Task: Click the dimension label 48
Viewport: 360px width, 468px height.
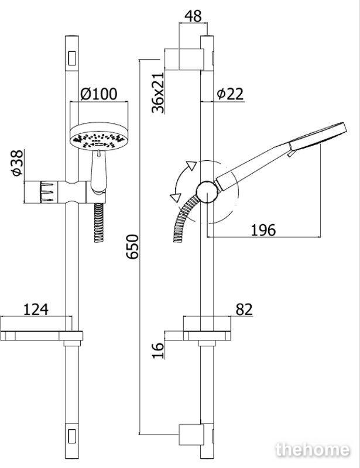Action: (x=193, y=16)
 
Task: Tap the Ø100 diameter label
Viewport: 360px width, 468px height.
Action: (x=98, y=94)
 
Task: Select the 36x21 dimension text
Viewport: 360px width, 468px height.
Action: (x=157, y=92)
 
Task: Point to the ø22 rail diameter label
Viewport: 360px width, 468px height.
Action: (x=230, y=94)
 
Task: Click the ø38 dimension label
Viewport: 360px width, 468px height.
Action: (x=18, y=163)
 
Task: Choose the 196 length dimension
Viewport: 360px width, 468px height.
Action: (x=263, y=230)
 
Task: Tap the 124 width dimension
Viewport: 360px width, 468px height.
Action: (x=36, y=309)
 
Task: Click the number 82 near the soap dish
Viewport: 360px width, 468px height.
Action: (x=244, y=309)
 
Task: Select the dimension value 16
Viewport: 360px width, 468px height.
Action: (x=158, y=350)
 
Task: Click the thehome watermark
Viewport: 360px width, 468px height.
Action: (x=313, y=449)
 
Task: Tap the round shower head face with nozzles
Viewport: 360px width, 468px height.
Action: (x=98, y=139)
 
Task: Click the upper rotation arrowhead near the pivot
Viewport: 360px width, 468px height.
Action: (x=191, y=165)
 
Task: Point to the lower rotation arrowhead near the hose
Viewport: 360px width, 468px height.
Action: (x=176, y=197)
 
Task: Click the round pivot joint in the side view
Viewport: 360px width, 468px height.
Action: (x=207, y=192)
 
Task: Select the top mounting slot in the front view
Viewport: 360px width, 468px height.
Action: (x=72, y=58)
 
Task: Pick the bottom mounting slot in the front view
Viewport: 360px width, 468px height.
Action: (x=72, y=436)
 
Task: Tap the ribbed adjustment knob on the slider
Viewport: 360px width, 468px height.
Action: (x=46, y=192)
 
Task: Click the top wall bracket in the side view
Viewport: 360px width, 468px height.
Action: (x=191, y=59)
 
